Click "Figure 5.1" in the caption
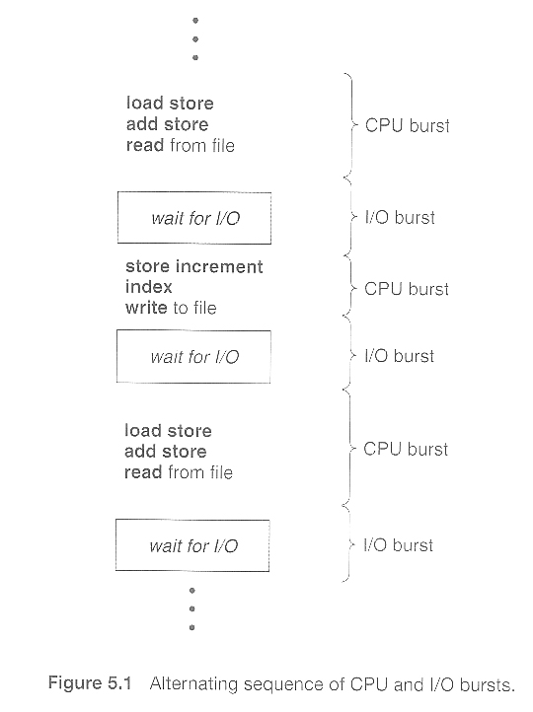tap(90, 683)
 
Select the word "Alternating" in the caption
tap(193, 684)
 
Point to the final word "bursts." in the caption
tap(488, 684)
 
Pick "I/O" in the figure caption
tap(441, 683)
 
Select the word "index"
tap(149, 287)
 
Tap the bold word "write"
tap(146, 308)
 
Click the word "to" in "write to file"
tap(181, 309)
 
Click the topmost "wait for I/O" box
tap(194, 218)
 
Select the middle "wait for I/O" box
tap(193, 357)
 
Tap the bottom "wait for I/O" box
tap(192, 545)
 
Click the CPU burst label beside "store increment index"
tap(407, 289)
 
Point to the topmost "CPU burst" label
tap(407, 126)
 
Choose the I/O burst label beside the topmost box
tap(400, 218)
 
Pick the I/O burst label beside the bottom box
tap(398, 545)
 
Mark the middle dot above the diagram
tap(195, 39)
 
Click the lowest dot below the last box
tap(192, 627)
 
